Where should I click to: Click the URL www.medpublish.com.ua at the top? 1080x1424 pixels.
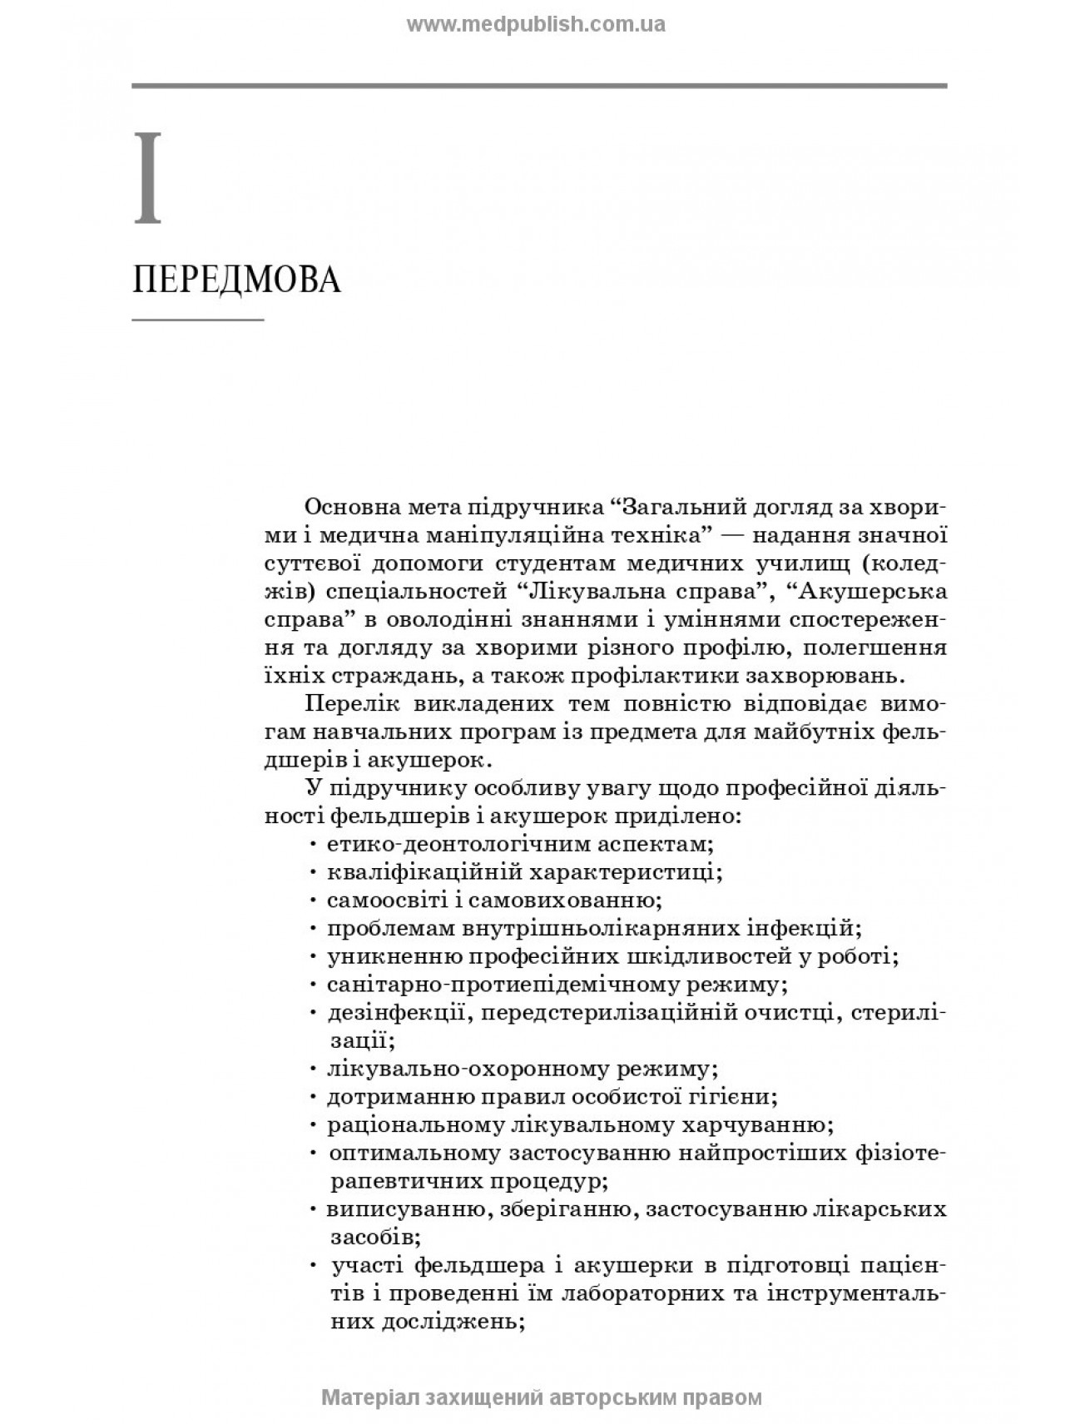coord(536,24)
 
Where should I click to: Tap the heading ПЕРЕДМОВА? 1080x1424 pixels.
coord(237,281)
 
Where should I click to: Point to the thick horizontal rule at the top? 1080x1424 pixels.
coord(539,86)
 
